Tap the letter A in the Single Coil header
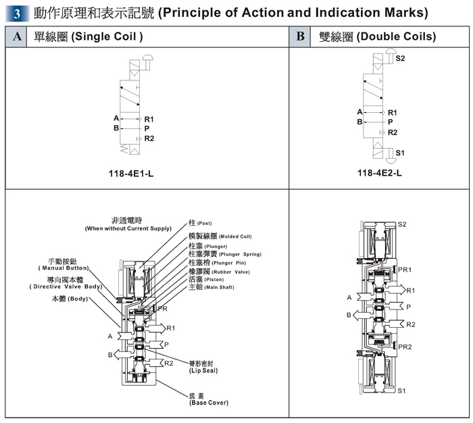(16, 36)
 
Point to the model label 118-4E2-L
(379, 173)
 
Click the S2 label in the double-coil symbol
(400, 59)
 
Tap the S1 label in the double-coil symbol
(400, 153)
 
